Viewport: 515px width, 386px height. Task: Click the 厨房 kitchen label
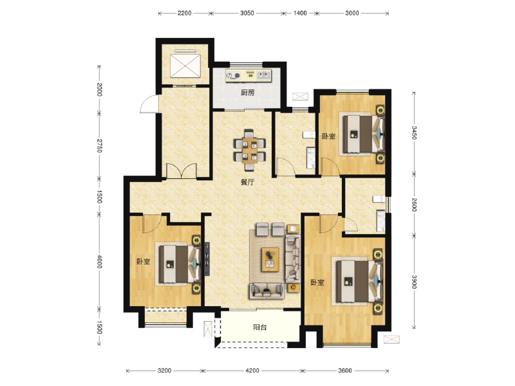point(248,93)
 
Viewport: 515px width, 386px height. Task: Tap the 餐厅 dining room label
point(248,182)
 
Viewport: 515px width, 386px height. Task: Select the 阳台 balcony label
point(260,327)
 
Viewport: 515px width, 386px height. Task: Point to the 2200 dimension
point(185,13)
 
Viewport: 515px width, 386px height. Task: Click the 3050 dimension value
point(247,13)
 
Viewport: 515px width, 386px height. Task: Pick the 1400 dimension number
point(301,13)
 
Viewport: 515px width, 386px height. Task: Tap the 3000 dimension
point(351,13)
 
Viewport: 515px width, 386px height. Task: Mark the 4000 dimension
point(100,262)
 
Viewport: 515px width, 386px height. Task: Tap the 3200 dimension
point(164,371)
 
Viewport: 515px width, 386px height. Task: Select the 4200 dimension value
point(252,371)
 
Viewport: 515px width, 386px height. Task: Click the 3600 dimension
point(346,371)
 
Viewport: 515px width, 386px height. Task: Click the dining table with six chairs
point(248,147)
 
